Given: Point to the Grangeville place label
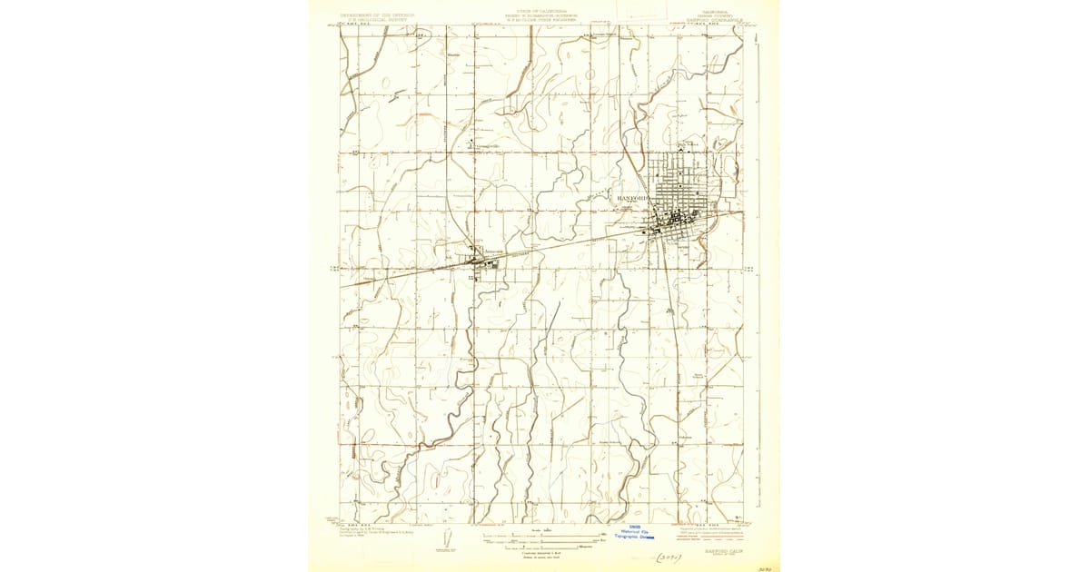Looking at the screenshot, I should pyautogui.click(x=481, y=145).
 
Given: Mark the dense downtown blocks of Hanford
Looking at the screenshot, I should pyautogui.click(x=677, y=218).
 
